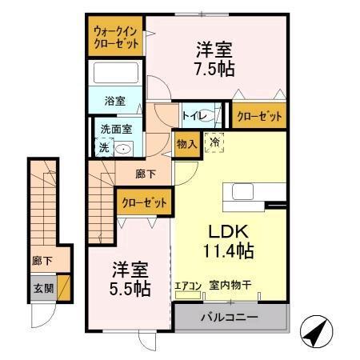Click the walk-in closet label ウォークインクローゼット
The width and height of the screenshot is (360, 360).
tap(115, 37)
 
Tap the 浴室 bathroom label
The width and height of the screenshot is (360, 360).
tap(114, 101)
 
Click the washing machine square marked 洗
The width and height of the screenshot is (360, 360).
tap(102, 147)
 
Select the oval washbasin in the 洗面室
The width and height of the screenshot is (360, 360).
tap(124, 148)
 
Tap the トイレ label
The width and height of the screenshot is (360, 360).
tap(191, 117)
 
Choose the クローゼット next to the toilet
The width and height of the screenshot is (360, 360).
tap(259, 117)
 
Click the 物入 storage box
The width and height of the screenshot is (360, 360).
tap(186, 144)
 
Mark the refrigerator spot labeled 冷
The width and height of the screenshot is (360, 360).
tap(214, 142)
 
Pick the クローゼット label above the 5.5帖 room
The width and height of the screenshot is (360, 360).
tap(144, 203)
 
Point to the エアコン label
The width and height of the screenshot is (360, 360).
tap(188, 284)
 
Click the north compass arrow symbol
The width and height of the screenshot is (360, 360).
tap(316, 329)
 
